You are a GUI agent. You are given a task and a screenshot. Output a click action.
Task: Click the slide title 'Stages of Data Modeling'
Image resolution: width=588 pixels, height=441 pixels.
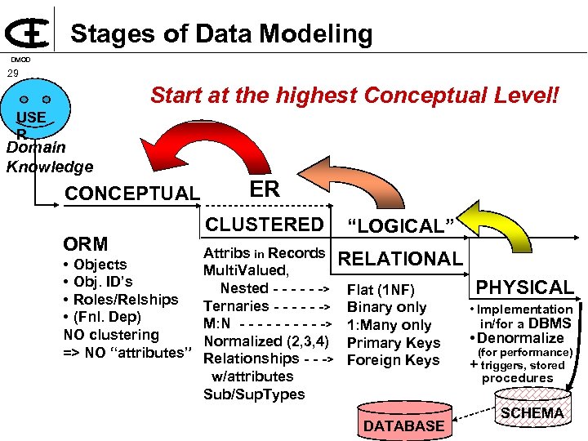pos(221,33)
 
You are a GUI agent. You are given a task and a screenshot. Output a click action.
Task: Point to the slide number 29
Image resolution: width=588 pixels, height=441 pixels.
pos(12,73)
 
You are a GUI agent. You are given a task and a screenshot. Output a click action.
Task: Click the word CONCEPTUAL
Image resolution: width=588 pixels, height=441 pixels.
pos(131,194)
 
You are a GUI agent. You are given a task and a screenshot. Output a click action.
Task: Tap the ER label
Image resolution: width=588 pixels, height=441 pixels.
pos(265,189)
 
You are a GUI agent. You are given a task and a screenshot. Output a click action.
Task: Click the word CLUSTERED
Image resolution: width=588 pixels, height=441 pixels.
pos(265,224)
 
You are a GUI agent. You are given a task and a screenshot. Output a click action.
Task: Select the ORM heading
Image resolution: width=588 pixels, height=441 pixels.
pos(86,243)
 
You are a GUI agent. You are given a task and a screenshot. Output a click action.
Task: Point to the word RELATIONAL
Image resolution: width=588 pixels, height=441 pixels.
pos(400,259)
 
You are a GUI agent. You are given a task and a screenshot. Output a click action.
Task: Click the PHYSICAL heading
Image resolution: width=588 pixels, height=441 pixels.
pos(525,287)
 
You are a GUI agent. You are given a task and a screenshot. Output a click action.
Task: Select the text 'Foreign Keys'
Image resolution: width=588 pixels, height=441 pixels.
pos(394,360)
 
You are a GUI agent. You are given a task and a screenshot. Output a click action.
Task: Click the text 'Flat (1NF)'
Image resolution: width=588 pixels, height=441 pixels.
pos(381,290)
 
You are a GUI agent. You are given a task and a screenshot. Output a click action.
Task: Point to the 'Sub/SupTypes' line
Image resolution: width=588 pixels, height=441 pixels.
pos(254,394)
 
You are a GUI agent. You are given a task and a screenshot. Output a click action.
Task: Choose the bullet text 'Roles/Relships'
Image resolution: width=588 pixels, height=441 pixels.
pos(126,299)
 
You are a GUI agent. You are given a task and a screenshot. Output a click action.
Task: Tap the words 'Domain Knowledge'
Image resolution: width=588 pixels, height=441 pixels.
pos(49,158)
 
